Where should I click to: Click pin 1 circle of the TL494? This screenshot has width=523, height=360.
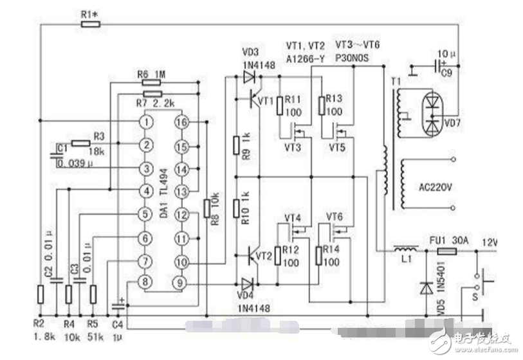click(148, 122)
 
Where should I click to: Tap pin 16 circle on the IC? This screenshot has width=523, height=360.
click(182, 122)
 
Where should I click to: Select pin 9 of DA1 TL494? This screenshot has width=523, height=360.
click(182, 281)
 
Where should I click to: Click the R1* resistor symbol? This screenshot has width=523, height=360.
click(91, 24)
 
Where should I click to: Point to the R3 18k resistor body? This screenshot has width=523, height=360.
click(80, 143)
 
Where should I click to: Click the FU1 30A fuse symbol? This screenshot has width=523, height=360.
click(448, 251)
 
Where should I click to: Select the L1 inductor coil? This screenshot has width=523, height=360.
click(403, 249)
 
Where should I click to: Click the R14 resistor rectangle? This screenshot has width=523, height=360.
click(319, 255)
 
